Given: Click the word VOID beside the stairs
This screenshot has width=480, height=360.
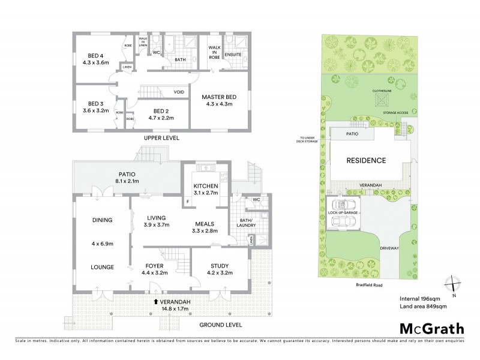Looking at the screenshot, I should tap(179, 92).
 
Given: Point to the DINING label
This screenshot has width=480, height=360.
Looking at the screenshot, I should tap(102, 220).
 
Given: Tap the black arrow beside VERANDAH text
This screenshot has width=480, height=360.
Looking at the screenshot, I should tap(157, 301).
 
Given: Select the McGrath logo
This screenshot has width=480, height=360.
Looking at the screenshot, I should tap(432, 328).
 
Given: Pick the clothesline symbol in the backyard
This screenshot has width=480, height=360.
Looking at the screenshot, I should tap(380, 101).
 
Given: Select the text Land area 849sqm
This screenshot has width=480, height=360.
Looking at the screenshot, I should tap(422, 307).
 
